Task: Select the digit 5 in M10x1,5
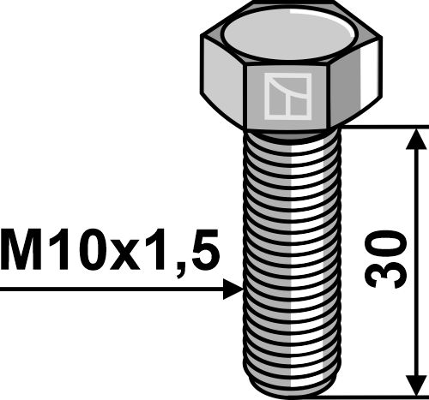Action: click(200, 253)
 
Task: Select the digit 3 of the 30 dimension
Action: click(390, 274)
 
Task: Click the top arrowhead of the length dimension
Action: click(416, 138)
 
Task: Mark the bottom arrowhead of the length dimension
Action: click(416, 386)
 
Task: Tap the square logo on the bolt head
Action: click(287, 95)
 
